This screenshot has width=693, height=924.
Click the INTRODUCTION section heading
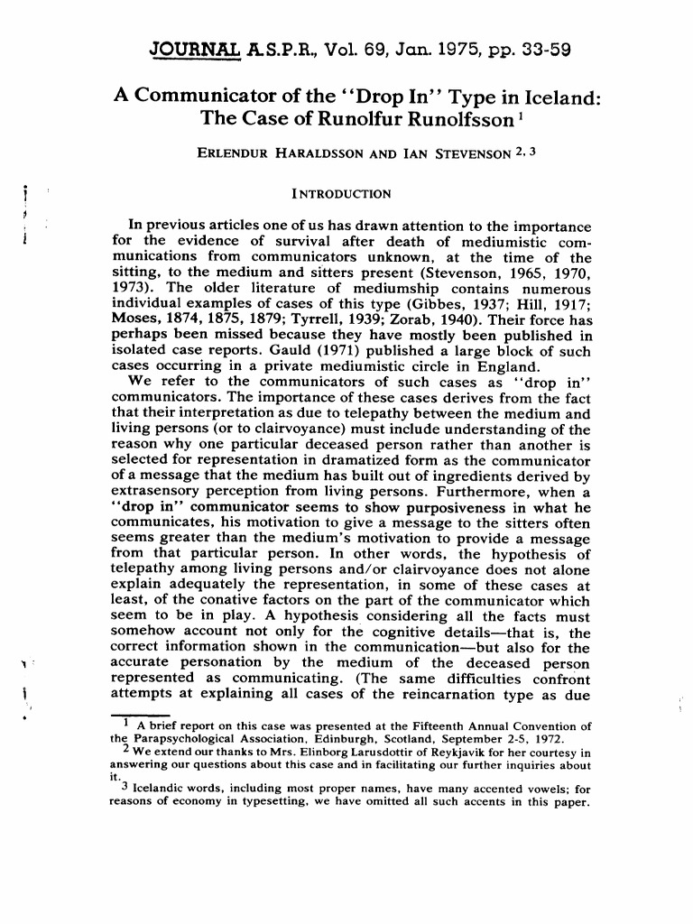coord(341,194)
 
